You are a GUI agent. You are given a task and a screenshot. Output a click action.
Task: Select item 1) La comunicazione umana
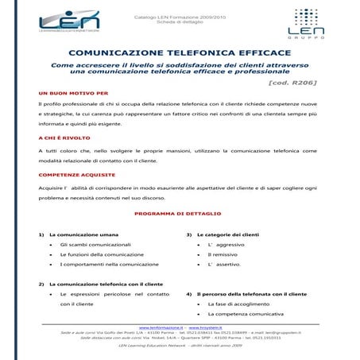point(83,235)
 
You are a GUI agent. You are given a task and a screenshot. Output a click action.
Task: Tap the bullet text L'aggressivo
point(226,245)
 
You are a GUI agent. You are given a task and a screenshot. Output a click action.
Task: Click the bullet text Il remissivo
point(223,254)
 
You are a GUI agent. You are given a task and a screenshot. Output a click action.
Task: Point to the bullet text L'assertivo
point(223,264)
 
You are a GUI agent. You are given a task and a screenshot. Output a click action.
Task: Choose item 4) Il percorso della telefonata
point(250,294)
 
